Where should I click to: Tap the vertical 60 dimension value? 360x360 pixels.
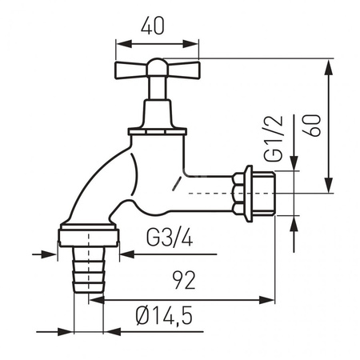[314, 125]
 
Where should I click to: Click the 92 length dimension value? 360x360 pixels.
[186, 281]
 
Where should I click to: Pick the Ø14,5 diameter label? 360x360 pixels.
[164, 318]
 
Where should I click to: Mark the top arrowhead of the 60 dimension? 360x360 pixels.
[329, 66]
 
